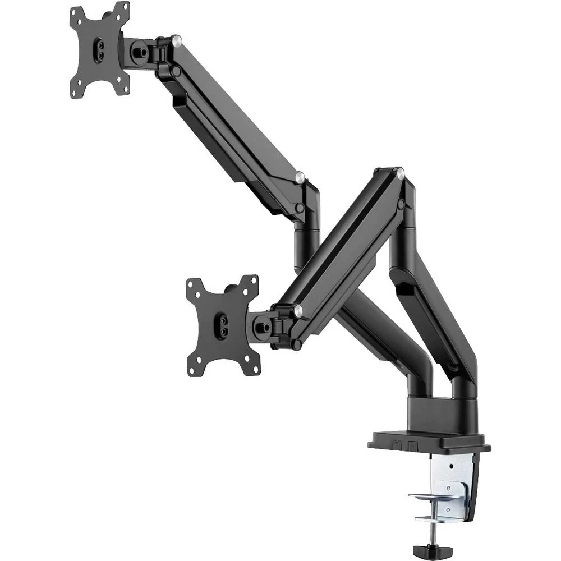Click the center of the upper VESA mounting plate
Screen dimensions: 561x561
[100, 50]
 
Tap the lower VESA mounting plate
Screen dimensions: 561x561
[223, 325]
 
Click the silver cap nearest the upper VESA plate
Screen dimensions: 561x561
[176, 40]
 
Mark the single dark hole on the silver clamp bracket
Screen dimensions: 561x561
[452, 467]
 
